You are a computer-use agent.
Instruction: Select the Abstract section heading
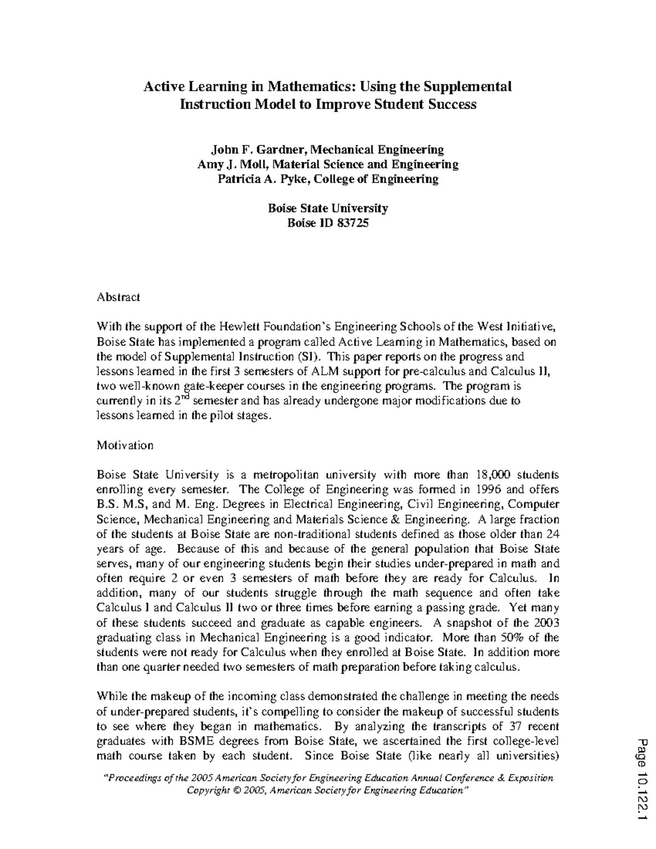tap(119, 297)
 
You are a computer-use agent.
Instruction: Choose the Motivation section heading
tap(125, 446)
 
